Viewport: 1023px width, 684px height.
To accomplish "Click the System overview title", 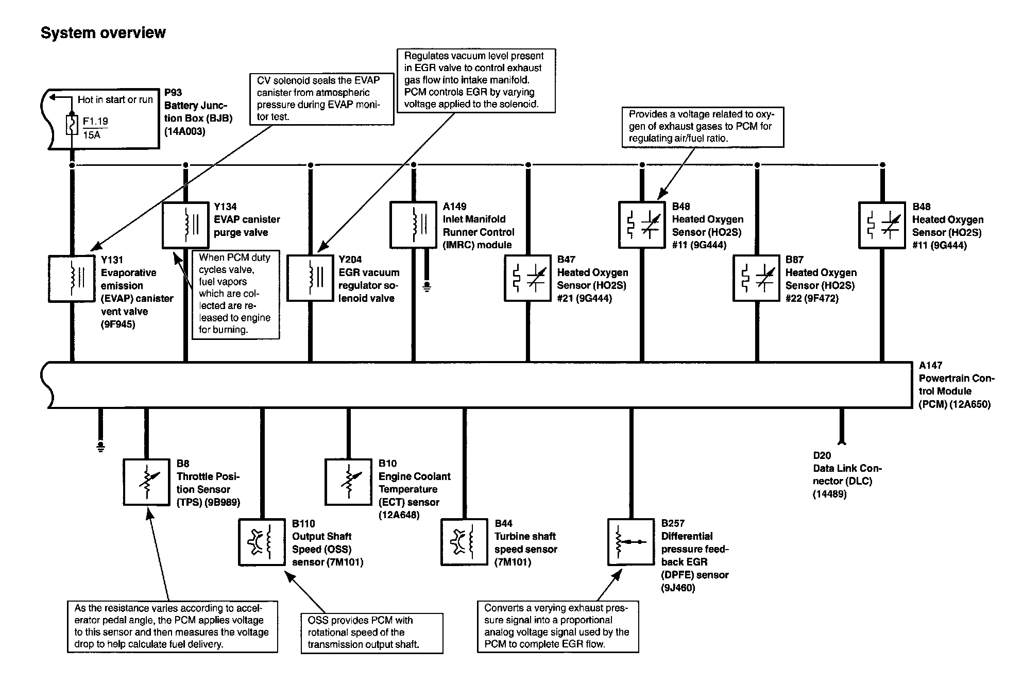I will (x=103, y=33).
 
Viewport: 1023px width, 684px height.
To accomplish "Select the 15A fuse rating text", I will (x=92, y=135).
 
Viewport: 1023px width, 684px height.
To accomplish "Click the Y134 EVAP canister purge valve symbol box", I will (x=185, y=225).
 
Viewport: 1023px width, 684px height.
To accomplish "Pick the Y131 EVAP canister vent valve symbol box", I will (x=72, y=278).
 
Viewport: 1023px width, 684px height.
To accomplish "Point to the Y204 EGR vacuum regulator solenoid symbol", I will (x=310, y=278).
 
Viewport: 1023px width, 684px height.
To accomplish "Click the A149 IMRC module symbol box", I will (x=414, y=225).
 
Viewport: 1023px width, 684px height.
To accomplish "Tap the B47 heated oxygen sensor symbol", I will (x=528, y=278).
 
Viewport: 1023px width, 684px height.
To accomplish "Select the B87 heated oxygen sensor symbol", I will (x=756, y=278).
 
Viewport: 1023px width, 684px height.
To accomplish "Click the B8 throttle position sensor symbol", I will (x=147, y=482).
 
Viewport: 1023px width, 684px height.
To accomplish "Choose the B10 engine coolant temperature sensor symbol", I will (x=349, y=482).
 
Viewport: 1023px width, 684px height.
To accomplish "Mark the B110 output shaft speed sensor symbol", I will (x=262, y=542).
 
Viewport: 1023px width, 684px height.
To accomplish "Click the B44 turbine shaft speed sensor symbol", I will (x=465, y=542).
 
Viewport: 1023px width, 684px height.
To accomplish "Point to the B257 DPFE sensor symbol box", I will (x=631, y=542).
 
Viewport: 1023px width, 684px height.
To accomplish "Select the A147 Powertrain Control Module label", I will (x=956, y=385).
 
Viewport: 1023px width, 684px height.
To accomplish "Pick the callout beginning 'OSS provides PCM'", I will (x=371, y=632).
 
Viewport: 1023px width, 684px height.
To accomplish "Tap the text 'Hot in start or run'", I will (x=115, y=99).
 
